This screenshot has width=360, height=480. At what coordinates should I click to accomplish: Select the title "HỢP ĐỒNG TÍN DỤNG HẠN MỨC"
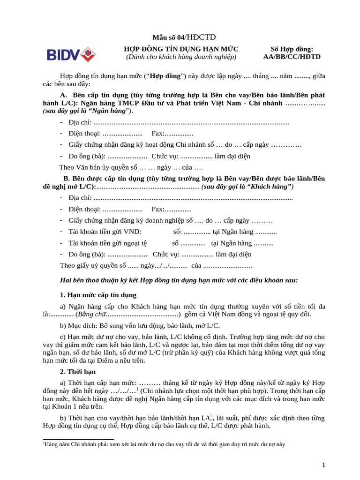coord(181,49)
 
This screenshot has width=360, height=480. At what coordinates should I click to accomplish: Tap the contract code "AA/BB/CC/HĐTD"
coord(292,57)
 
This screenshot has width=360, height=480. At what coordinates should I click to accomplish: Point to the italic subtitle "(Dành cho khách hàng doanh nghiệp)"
coord(181,57)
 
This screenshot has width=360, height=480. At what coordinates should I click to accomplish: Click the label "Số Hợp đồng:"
coord(292,49)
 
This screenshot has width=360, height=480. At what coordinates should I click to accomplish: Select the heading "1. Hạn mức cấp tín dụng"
coord(98,295)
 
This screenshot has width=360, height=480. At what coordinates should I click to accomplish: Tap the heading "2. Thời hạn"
coord(78,371)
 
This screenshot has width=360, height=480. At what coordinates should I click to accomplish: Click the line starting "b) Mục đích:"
coord(139,325)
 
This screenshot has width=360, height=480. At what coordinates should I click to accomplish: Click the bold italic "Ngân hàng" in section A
coord(112,111)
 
